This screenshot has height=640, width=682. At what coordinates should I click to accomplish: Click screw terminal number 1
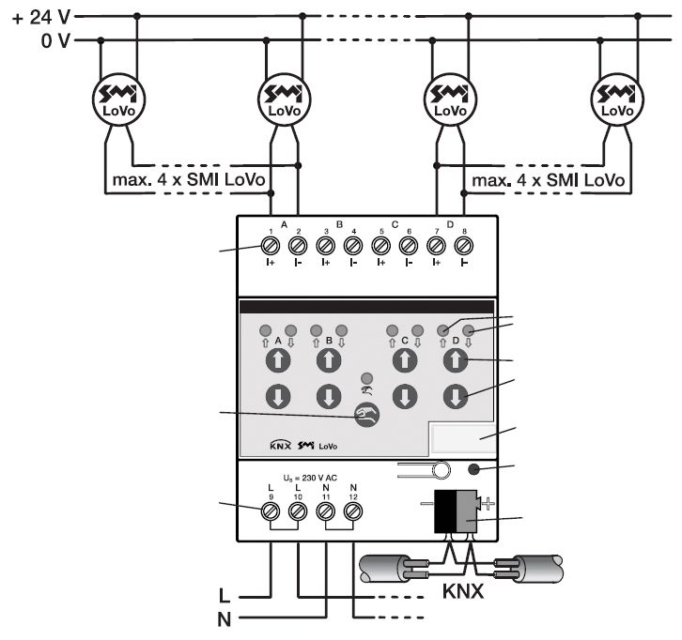tap(270, 246)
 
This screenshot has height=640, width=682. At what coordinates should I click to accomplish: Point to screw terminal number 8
tap(463, 246)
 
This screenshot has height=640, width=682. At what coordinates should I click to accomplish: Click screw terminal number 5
tap(380, 246)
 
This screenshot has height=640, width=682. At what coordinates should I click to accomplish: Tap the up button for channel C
tap(404, 360)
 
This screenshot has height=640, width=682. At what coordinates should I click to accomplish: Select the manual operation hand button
tap(366, 414)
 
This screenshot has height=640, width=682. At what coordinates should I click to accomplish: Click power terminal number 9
tap(270, 511)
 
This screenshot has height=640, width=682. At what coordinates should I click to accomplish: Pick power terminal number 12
tap(353, 511)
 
